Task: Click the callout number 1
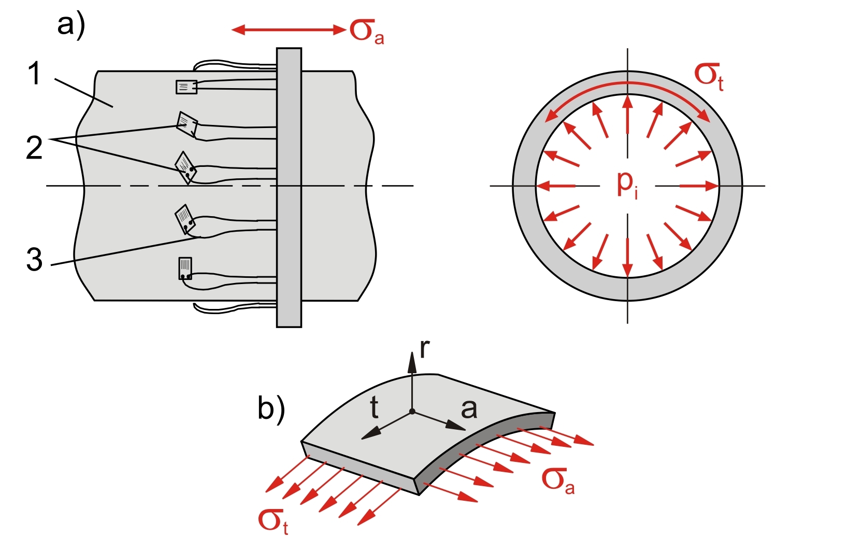coord(34,73)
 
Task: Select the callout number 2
coord(34,148)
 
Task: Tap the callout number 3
coord(34,259)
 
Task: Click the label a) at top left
coord(71,25)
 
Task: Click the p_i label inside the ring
coord(627,183)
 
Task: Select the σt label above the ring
coord(709,76)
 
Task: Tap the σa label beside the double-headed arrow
coord(367,31)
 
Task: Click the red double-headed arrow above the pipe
coord(289,30)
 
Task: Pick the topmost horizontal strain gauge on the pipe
coord(186,87)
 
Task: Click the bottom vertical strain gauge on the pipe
coord(185,268)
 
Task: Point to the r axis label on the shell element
coord(424,349)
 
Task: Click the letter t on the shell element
coord(374,408)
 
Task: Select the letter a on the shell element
coord(469,409)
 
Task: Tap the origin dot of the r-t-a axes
coord(412,412)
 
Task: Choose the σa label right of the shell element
coord(558,480)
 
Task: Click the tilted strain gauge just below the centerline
coord(184,219)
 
